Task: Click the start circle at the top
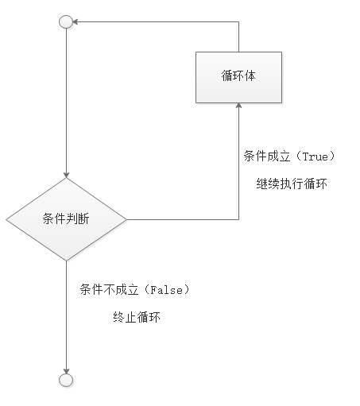[66, 21]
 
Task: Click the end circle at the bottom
[66, 381]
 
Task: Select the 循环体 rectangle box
[238, 77]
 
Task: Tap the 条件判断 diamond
[66, 219]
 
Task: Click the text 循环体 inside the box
[238, 75]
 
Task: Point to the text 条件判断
[66, 218]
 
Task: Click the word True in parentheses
[315, 157]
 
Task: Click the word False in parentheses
[167, 290]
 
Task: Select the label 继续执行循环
[292, 184]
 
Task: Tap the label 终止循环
[137, 317]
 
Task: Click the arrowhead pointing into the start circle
[75, 21]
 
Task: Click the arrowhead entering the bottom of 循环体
[238, 106]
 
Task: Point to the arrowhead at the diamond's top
[66, 175]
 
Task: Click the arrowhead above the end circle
[66, 371]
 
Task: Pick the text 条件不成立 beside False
[109, 289]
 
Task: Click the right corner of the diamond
[126, 219]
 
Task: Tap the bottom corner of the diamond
[66, 261]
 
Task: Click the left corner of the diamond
[6, 219]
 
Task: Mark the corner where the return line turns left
[238, 21]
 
